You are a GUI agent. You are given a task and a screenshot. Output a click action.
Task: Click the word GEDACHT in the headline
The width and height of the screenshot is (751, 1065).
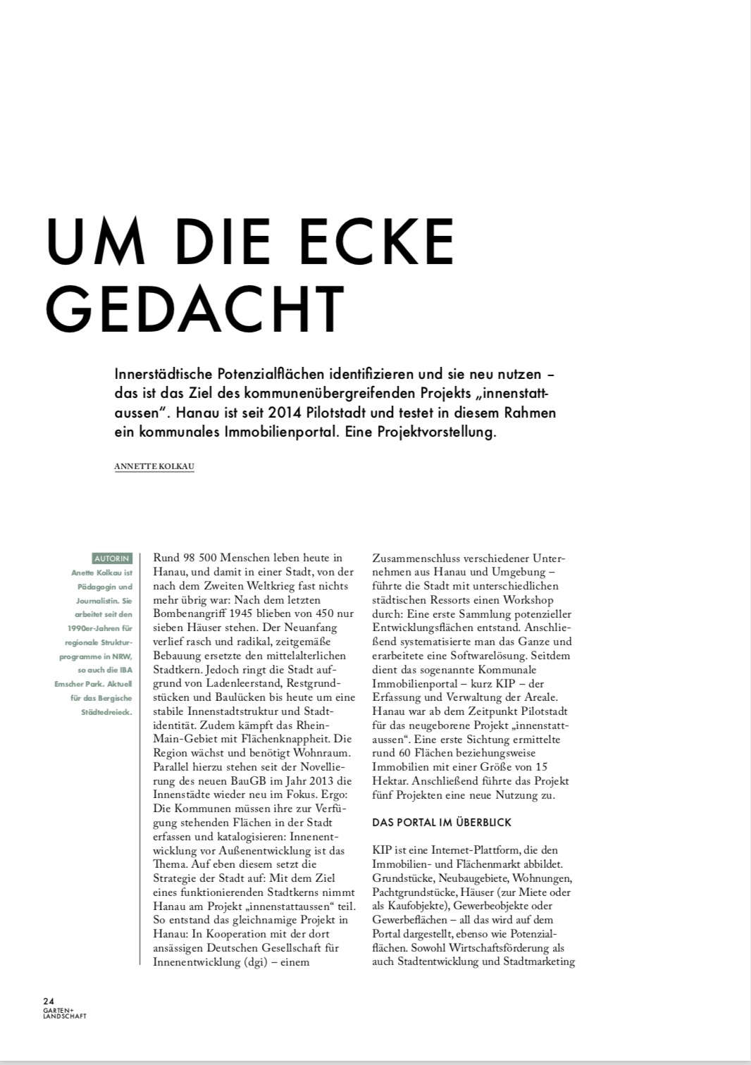pos(195,309)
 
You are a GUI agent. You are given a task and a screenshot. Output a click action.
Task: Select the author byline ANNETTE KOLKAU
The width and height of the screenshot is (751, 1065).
pos(154,466)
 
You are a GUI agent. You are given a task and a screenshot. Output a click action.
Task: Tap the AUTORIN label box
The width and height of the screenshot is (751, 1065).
pos(112,559)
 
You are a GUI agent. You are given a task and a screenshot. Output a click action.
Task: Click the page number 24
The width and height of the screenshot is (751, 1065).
pos(49,1001)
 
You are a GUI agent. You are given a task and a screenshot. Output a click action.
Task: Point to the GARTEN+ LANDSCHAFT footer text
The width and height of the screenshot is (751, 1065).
pos(65,1013)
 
